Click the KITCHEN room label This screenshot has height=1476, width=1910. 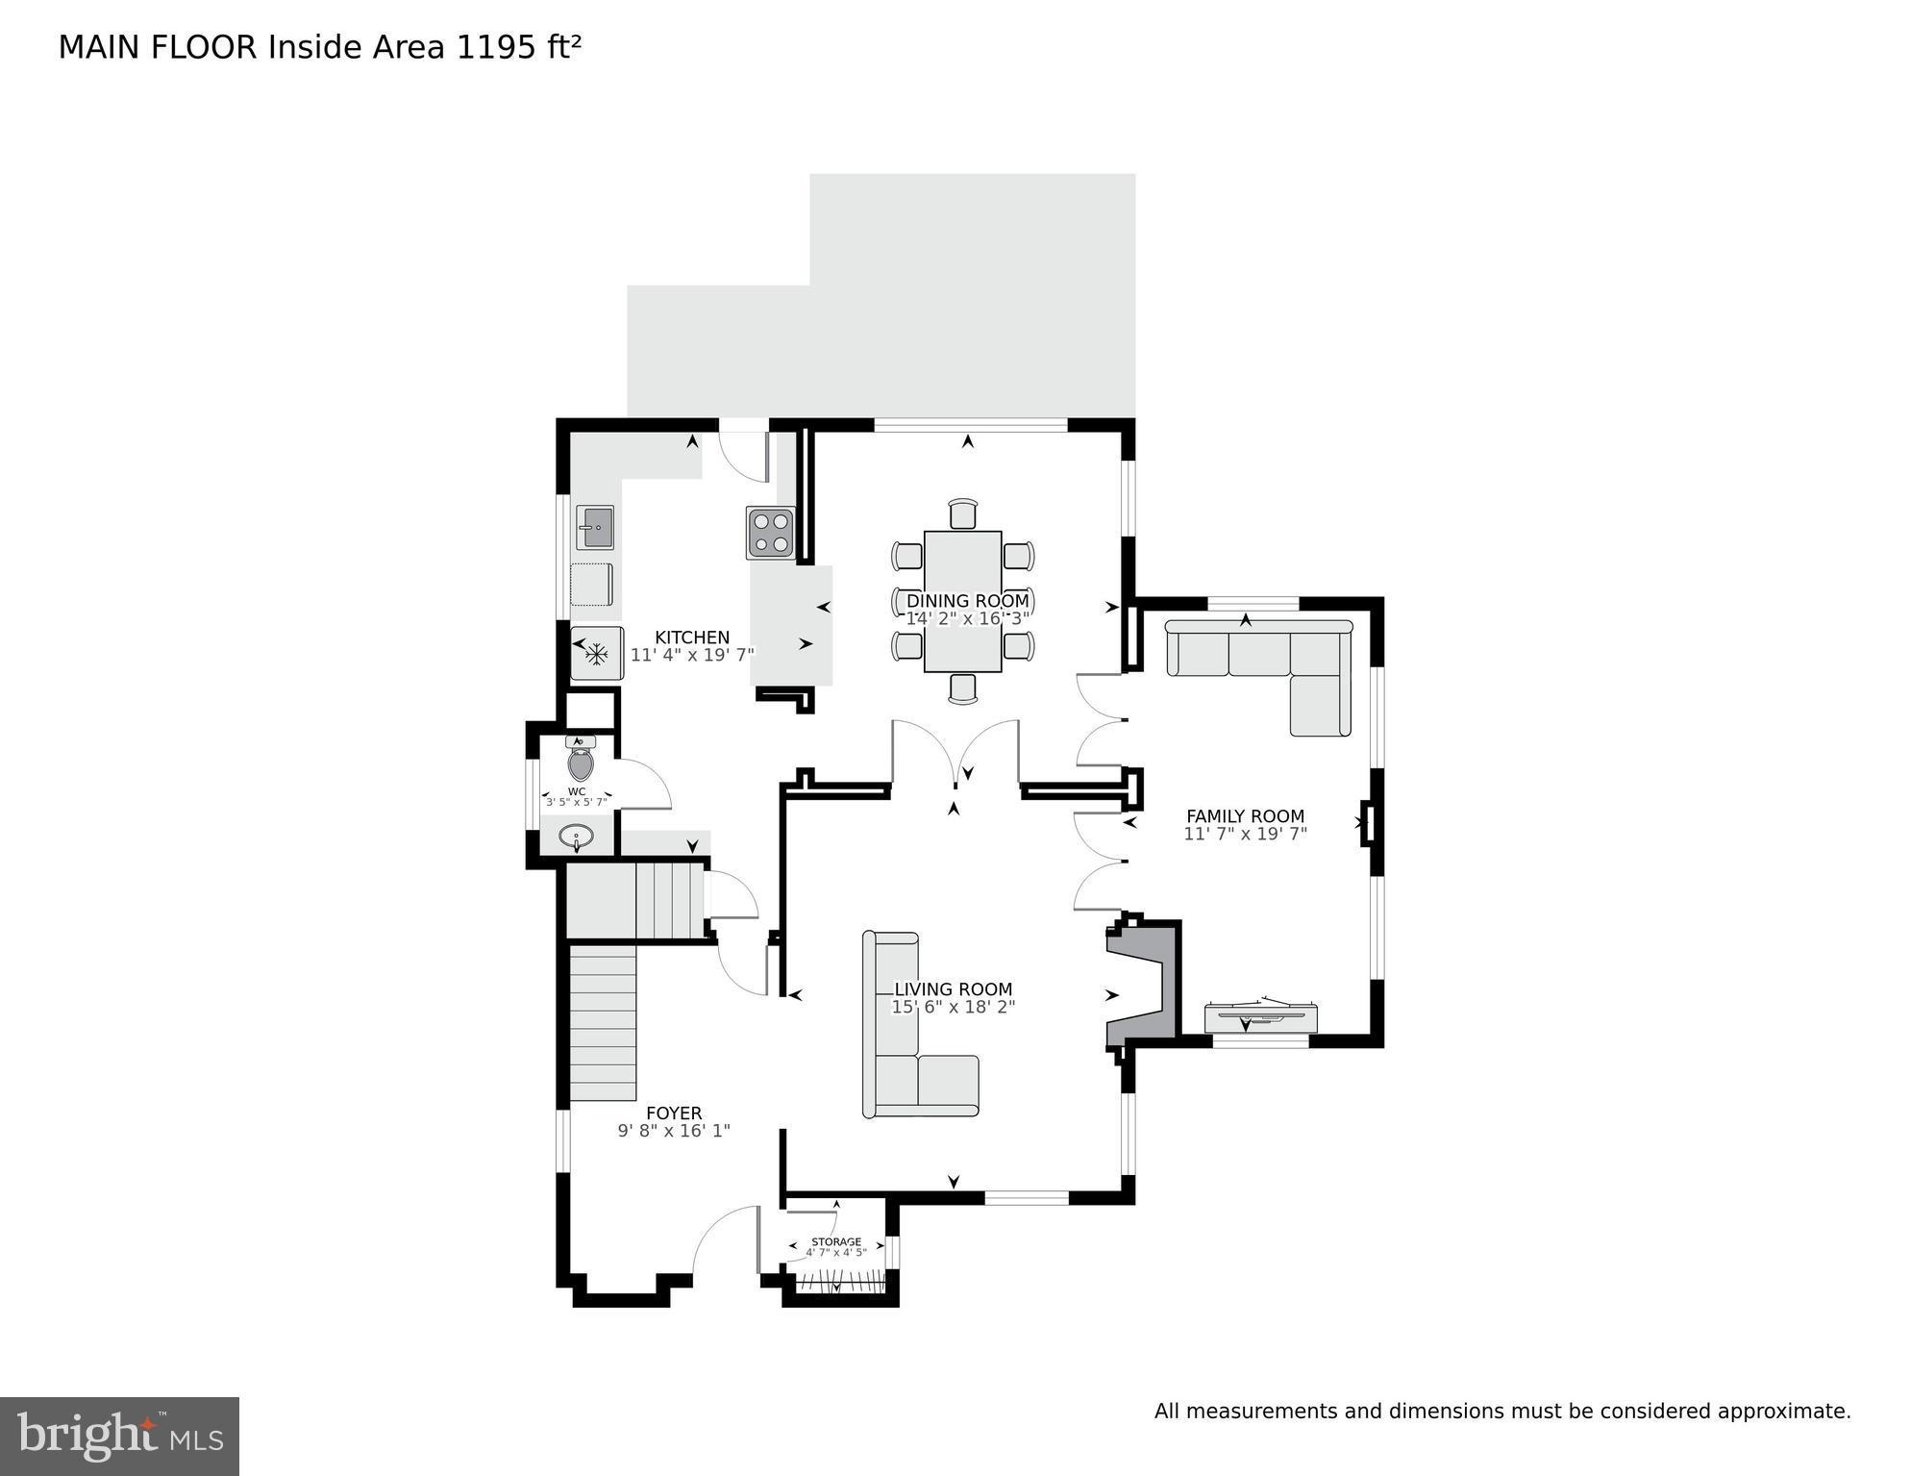692,638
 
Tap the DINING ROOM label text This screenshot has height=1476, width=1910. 967,601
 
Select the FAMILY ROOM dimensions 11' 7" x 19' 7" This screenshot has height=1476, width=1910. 1245,834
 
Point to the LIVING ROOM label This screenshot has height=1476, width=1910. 953,989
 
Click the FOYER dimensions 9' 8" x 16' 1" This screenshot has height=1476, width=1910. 674,1131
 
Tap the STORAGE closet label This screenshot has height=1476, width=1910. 835,1242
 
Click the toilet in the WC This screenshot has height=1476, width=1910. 581,762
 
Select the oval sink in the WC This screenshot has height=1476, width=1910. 576,837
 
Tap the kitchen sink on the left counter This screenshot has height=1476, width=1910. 594,527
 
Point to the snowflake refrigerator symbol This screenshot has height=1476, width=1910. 597,655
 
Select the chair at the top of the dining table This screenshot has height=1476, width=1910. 962,513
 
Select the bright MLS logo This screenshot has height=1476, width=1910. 119,1436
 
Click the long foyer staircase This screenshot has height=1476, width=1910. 603,1022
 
